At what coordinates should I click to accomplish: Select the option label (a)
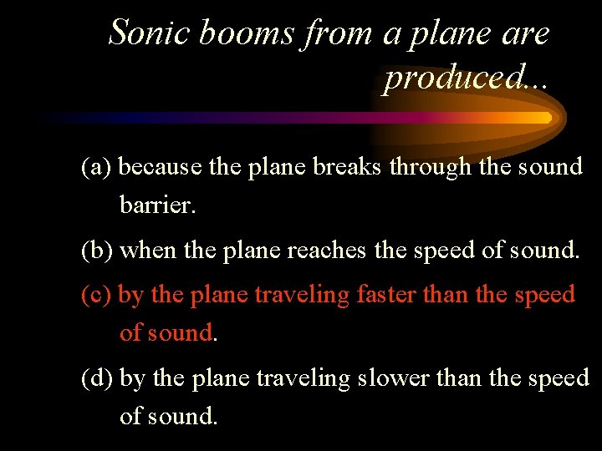pyautogui.click(x=97, y=167)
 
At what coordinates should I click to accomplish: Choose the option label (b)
pyautogui.click(x=97, y=250)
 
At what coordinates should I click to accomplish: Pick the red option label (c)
pyautogui.click(x=97, y=295)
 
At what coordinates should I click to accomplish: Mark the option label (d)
pyautogui.click(x=98, y=378)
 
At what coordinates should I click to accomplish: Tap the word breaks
pyautogui.click(x=349, y=167)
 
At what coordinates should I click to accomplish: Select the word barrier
pyautogui.click(x=158, y=204)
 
